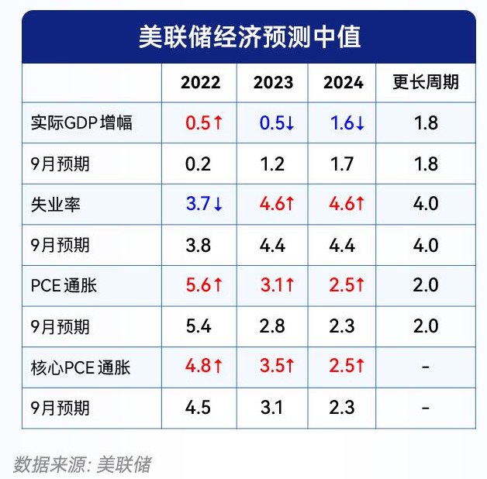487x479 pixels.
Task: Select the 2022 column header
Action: coord(200,83)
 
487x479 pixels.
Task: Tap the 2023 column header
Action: coord(273,83)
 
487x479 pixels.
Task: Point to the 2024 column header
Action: coord(344,83)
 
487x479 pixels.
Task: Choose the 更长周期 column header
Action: coord(426,83)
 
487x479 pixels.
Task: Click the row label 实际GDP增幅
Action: coord(82,123)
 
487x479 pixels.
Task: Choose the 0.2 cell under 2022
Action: coord(199,164)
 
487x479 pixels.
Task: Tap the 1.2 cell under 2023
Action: coord(272,164)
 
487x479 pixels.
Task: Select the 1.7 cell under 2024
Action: coord(342,164)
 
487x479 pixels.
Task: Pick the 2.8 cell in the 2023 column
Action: coord(272,326)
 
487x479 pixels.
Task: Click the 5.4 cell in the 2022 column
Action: coord(199,326)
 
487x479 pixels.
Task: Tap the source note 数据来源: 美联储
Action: coord(82,464)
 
